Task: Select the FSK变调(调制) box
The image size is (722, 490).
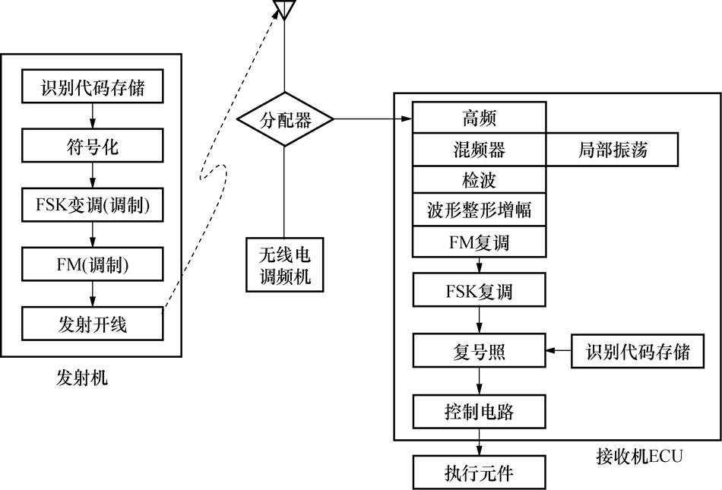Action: point(91,206)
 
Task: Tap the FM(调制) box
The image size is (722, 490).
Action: point(91,265)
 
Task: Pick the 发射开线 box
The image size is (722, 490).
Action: point(91,324)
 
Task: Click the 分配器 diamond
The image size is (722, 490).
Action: point(285,119)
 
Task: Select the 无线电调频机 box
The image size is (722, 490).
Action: point(284,265)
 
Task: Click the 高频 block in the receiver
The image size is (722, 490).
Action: point(479,119)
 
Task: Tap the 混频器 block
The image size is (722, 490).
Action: point(479,150)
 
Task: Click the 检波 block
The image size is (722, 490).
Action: point(479,180)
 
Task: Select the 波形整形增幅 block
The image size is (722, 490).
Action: point(479,210)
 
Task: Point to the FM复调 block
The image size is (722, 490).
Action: point(479,242)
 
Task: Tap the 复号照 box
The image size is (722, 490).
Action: point(479,352)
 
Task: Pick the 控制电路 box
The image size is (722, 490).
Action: point(479,412)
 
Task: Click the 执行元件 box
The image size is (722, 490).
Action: point(479,473)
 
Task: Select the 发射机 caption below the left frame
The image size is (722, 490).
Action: point(81,378)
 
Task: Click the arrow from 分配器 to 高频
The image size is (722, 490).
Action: point(372,119)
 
